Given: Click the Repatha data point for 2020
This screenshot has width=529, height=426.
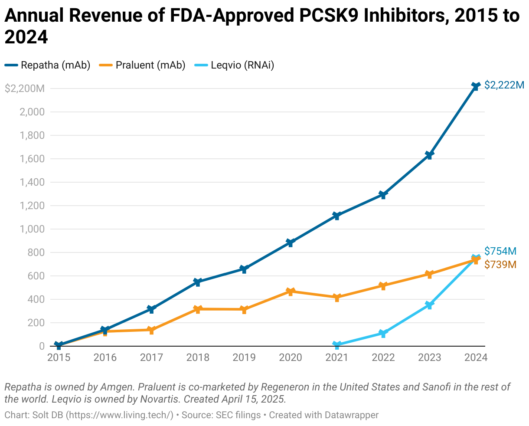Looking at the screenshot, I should (290, 242).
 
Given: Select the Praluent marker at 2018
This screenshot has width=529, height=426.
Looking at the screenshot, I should (198, 309).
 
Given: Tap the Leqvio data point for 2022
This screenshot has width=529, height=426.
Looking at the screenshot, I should (383, 333).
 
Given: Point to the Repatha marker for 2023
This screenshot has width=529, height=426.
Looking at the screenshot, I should (429, 155).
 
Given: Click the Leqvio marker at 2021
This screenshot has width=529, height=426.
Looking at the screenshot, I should (337, 345).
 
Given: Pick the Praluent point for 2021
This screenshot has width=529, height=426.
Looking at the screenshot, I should (337, 298).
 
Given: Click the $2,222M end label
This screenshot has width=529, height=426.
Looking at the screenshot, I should (504, 85).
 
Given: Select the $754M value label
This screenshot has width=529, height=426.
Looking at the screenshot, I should (500, 251).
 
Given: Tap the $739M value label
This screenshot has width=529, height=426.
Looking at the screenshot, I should (500, 264).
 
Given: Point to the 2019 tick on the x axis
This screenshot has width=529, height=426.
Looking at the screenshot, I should (244, 357).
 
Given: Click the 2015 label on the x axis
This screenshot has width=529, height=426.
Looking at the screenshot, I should (59, 357).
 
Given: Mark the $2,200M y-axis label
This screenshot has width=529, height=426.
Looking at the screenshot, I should (25, 89).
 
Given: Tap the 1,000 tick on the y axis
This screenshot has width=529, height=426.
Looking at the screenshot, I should (33, 229).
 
